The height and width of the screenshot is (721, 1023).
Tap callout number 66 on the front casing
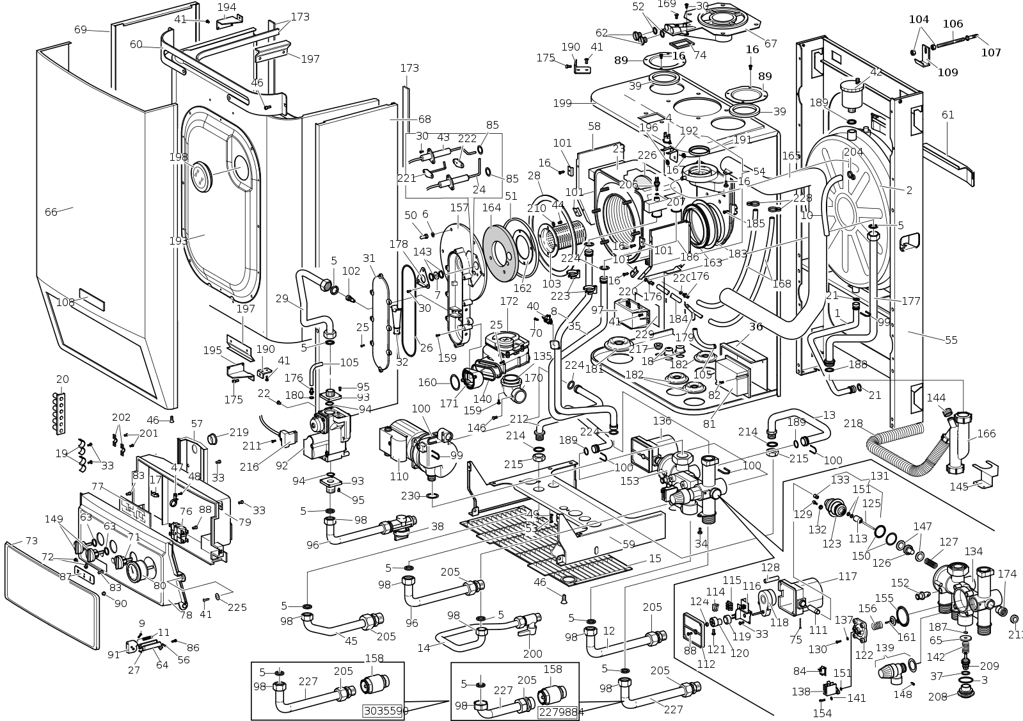tap(51, 211)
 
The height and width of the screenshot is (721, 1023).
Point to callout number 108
tap(66, 302)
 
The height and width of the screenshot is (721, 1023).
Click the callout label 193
tap(178, 241)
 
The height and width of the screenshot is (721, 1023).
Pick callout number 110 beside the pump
tap(399, 476)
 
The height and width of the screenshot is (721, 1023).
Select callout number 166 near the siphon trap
tap(987, 433)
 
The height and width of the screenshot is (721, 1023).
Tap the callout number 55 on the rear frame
tap(951, 340)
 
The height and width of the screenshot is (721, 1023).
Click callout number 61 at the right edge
tap(948, 115)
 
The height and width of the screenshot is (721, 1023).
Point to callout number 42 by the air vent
tap(876, 72)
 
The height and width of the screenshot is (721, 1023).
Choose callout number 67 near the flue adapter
tap(770, 44)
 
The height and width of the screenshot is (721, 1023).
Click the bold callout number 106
tap(953, 24)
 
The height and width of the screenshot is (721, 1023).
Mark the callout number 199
tap(562, 102)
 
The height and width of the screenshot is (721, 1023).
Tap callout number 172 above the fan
tap(509, 301)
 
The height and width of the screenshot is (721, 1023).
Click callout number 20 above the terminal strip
tap(62, 379)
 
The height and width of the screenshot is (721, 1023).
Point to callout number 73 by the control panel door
tap(31, 542)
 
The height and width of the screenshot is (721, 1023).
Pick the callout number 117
tap(847, 576)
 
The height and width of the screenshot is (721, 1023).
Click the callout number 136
tap(662, 421)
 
